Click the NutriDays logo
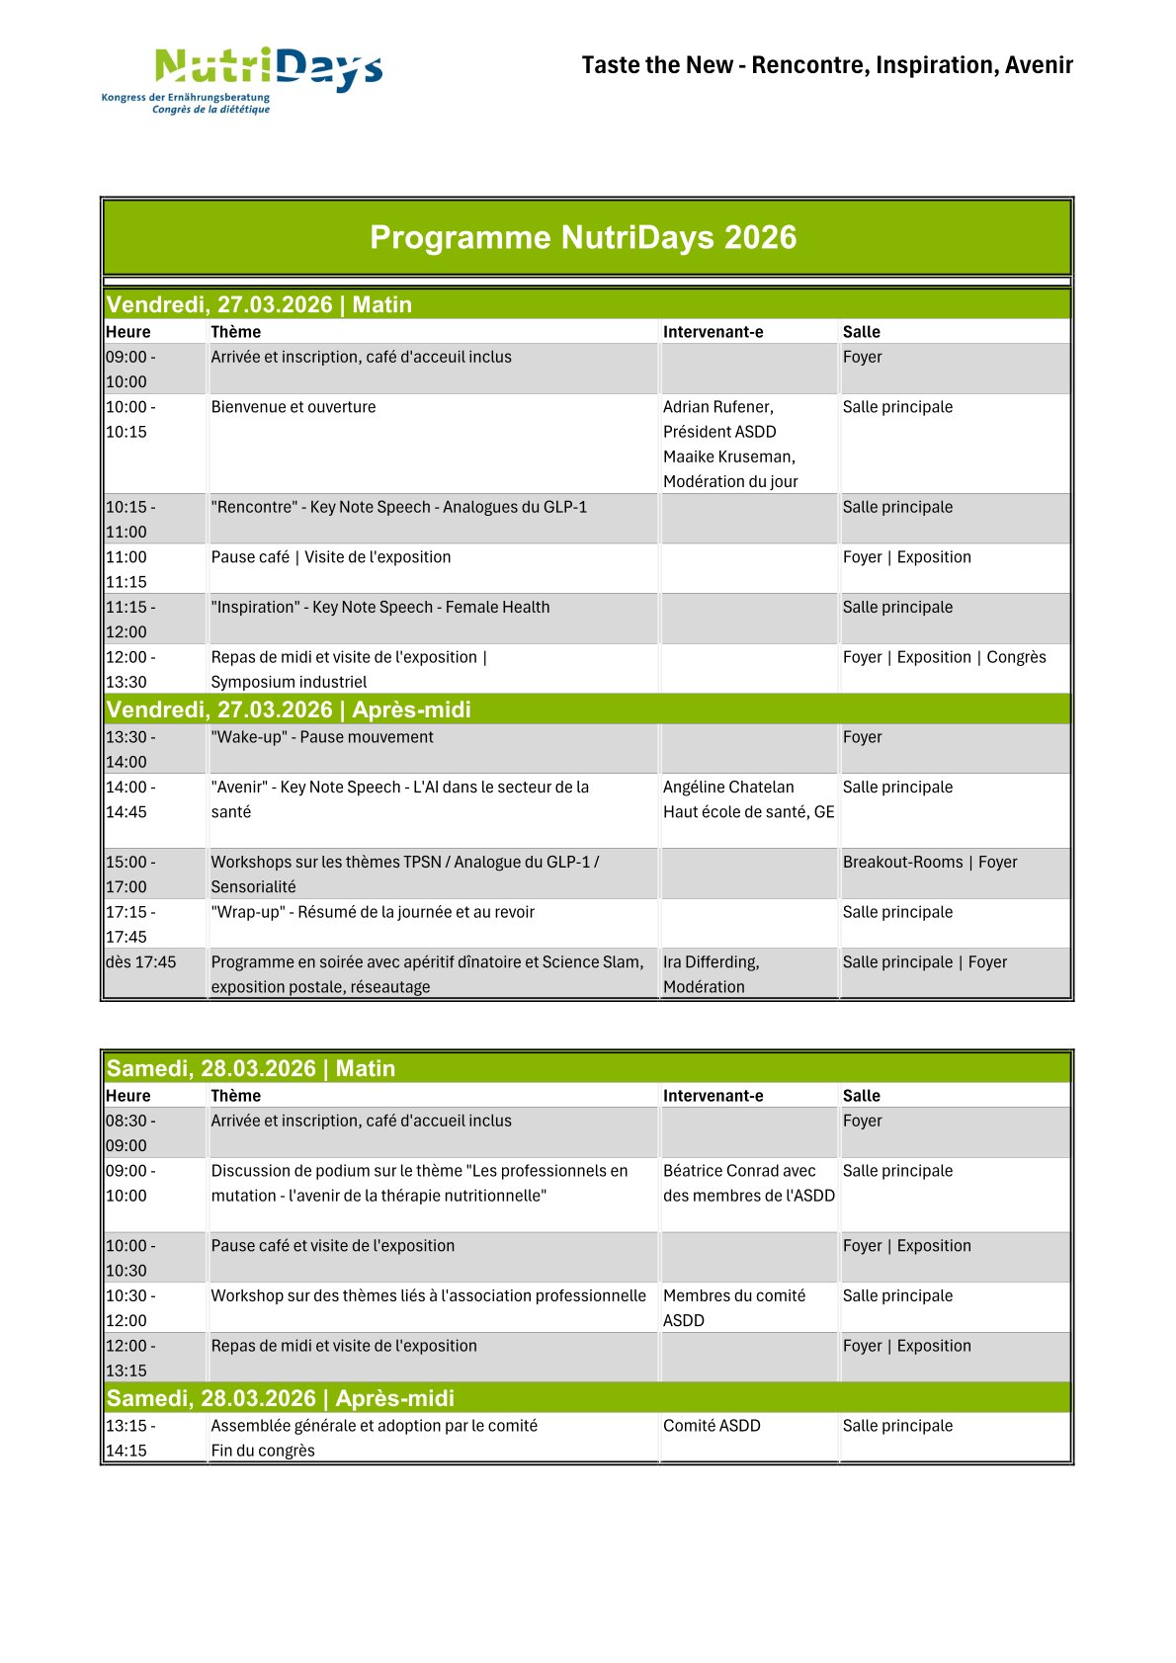coord(243,79)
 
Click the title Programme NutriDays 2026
coord(583,237)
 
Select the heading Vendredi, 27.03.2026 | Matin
coord(259,304)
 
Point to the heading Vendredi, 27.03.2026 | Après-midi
coord(289,709)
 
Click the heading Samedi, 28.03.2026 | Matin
coord(251,1068)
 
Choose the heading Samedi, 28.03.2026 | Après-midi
coord(281,1398)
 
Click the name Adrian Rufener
coord(718,407)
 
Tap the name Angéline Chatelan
coord(728,787)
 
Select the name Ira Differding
coord(711,961)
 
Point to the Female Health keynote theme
coord(380,607)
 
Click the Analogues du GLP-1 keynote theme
coord(398,507)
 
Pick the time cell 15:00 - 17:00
coord(130,873)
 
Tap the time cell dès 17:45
coord(140,961)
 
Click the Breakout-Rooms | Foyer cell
coord(929,862)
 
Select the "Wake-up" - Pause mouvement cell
coord(322,737)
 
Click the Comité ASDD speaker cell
coord(712,1426)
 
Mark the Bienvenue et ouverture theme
coord(294,407)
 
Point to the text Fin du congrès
coord(263,1451)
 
